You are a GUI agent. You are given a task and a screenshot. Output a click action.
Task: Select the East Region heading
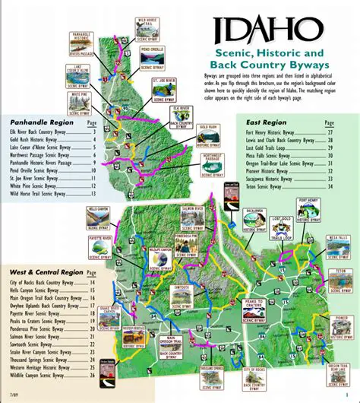267,121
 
